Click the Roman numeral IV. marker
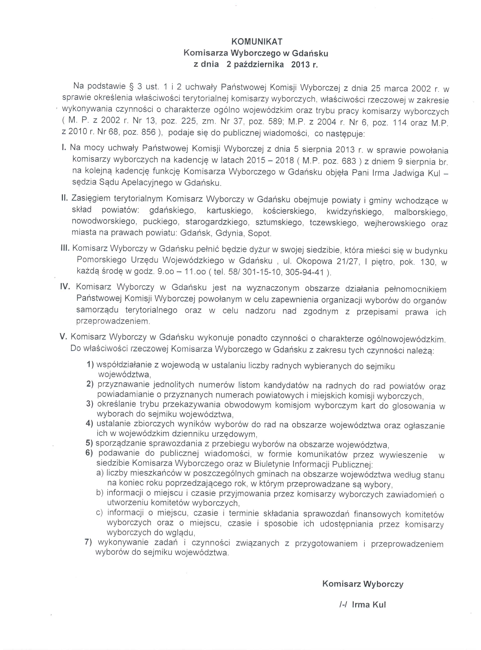[65, 286]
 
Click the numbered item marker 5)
[89, 443]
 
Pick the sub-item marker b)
[100, 493]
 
